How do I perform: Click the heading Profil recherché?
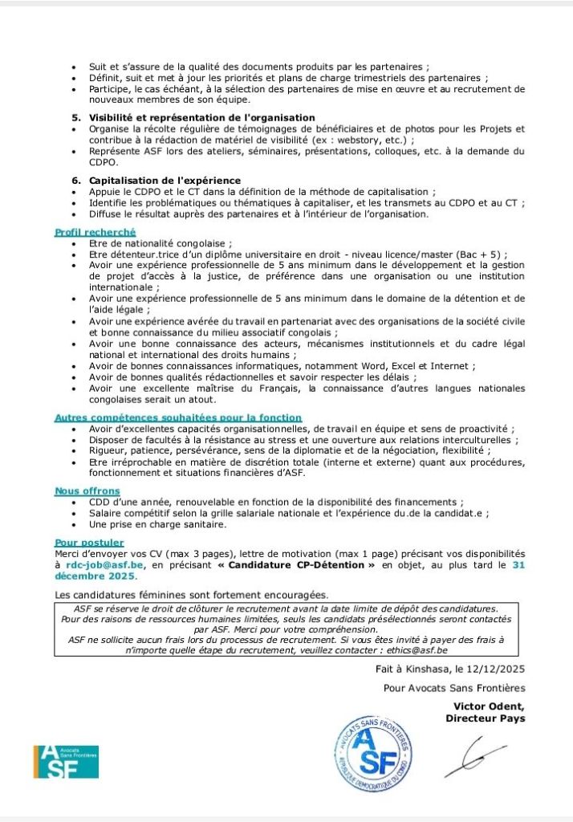point(95,232)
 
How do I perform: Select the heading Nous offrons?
point(87,490)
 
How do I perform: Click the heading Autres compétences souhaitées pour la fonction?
point(178,417)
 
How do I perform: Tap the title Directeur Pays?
point(485,718)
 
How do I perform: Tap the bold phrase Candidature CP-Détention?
point(304,565)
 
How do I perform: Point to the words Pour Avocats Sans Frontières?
point(454,688)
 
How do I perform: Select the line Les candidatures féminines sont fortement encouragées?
point(192,595)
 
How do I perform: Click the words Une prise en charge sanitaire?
point(158,524)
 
